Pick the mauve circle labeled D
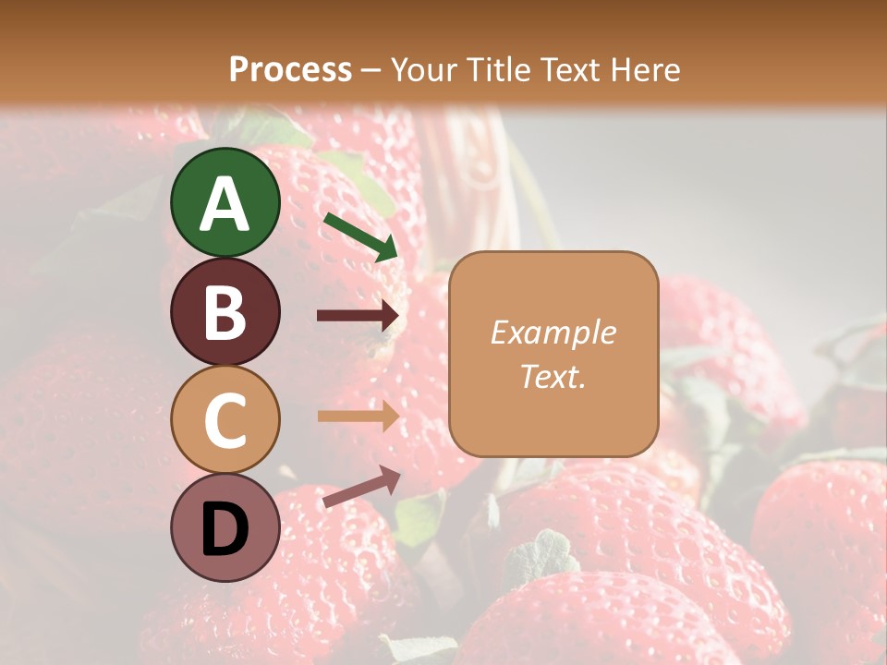click(x=225, y=527)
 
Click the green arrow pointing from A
click(x=360, y=236)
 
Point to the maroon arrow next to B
click(x=358, y=316)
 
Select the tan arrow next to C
click(x=358, y=417)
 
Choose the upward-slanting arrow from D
click(x=361, y=487)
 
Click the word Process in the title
click(x=290, y=69)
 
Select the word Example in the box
click(x=553, y=332)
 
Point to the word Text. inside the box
click(x=553, y=376)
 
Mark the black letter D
click(x=225, y=529)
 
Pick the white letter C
click(x=225, y=420)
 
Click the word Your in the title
click(x=421, y=69)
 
